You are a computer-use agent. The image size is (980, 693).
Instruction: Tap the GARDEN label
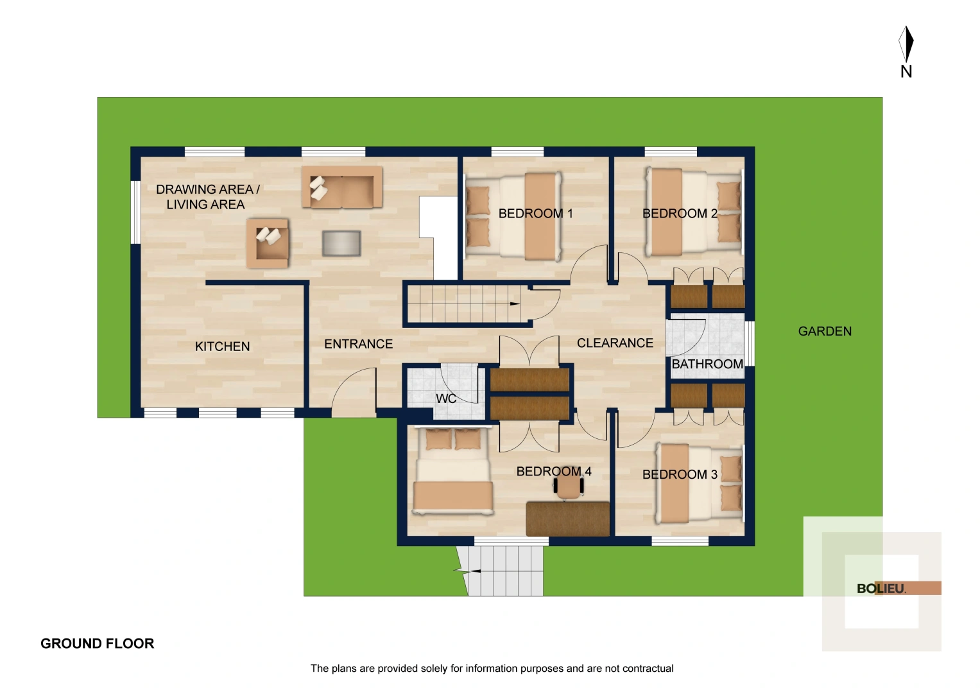(825, 332)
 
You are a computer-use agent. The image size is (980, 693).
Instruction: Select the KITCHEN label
(222, 346)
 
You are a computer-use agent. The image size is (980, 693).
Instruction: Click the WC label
(446, 398)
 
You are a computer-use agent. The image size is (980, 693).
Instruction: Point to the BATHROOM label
(707, 364)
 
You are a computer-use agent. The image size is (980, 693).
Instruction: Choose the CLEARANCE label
(615, 343)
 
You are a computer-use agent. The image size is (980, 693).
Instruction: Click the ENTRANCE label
(358, 345)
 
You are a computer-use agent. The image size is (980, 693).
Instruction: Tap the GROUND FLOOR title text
(97, 644)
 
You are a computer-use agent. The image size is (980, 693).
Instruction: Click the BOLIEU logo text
(881, 588)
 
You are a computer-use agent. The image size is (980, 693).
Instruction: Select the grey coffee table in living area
(341, 244)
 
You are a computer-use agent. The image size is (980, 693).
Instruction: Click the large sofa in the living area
(342, 187)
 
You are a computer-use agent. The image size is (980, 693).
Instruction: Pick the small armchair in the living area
(268, 243)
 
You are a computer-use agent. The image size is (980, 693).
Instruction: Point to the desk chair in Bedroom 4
(569, 486)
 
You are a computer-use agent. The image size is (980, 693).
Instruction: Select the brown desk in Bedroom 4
(567, 518)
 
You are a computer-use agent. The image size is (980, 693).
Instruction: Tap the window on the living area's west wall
(135, 212)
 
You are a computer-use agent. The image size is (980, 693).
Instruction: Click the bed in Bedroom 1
(513, 216)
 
